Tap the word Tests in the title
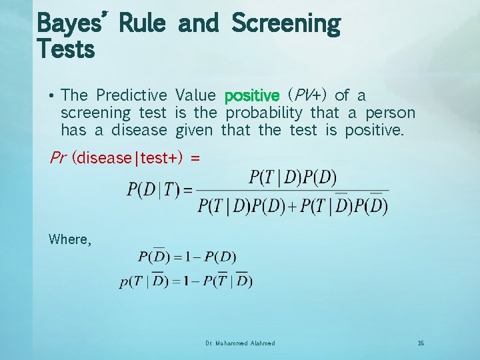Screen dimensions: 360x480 [x=65, y=49]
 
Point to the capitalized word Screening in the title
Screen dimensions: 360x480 [x=285, y=23]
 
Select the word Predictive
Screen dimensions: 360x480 [x=131, y=95]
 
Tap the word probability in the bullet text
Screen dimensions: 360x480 [x=264, y=113]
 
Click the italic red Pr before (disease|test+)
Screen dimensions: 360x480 [x=58, y=158]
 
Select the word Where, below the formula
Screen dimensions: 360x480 [x=69, y=239]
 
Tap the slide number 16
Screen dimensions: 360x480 [x=421, y=343]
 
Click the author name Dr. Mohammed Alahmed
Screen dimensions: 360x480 [x=241, y=343]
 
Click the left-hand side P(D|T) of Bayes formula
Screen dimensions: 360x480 [x=153, y=190]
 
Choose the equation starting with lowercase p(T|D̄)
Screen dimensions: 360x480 [x=186, y=281]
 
